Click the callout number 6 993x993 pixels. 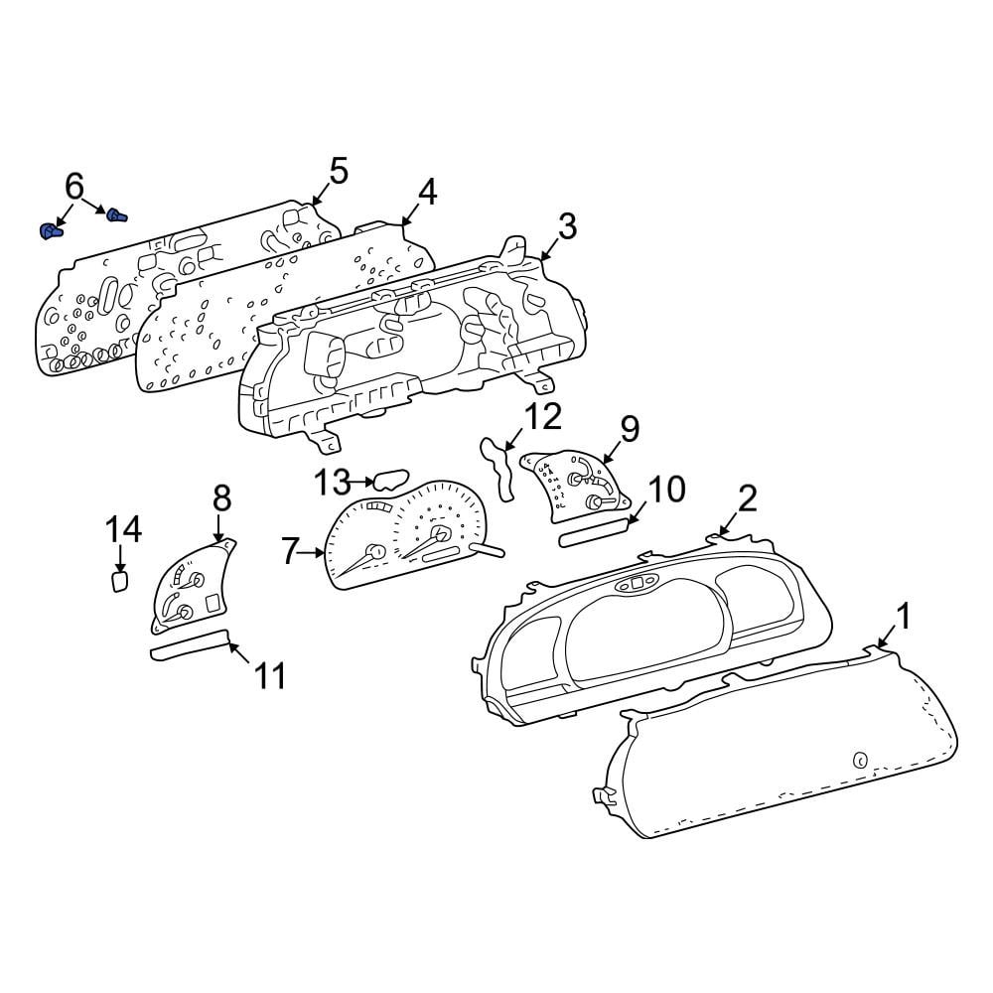click(x=74, y=187)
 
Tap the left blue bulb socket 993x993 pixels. click(x=51, y=231)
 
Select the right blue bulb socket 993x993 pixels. click(x=116, y=215)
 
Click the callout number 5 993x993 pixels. click(x=339, y=171)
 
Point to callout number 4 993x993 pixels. click(x=428, y=192)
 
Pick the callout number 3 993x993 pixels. click(x=567, y=226)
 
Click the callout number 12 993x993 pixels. click(x=543, y=416)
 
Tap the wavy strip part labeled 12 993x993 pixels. click(x=499, y=468)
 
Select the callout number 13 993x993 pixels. click(x=333, y=483)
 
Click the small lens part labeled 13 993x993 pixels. click(x=391, y=480)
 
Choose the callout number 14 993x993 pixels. click(x=123, y=529)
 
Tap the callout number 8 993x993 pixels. click(x=222, y=498)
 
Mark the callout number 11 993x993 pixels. click(x=270, y=675)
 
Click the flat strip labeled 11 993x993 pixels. click(x=189, y=644)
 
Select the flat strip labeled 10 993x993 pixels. click(x=595, y=531)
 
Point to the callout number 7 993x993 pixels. click(x=289, y=551)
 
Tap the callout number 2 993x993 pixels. click(x=748, y=498)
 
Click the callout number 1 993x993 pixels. click(x=904, y=617)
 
